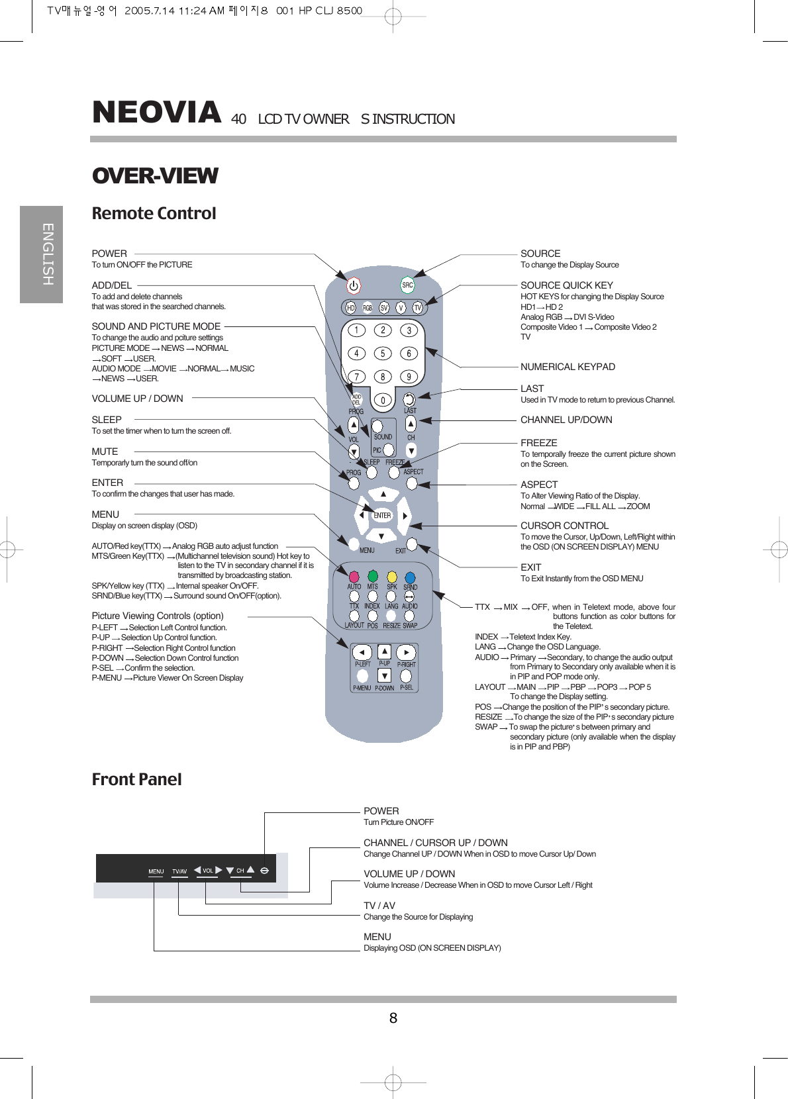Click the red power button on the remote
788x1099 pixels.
[x=354, y=286]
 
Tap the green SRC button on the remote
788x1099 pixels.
[x=407, y=285]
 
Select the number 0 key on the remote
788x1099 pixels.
[x=383, y=400]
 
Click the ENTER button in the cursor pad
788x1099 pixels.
[x=382, y=515]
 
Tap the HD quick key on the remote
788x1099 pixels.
[x=351, y=308]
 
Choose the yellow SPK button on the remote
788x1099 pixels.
[x=392, y=577]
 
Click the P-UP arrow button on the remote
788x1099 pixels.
[x=384, y=651]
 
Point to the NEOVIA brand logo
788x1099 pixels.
[x=156, y=113]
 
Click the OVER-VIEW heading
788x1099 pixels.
[x=155, y=176]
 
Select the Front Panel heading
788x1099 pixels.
[x=136, y=779]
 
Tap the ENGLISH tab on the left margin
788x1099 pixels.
[x=47, y=254]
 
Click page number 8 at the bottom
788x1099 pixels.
[x=393, y=1018]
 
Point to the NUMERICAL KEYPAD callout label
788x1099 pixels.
[x=567, y=367]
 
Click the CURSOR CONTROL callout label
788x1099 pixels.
[x=564, y=526]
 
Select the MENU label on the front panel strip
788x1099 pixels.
[x=156, y=871]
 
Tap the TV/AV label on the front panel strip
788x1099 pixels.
[x=179, y=871]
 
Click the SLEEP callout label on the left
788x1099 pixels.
[x=107, y=420]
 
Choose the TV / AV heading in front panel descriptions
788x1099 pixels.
[x=379, y=906]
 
